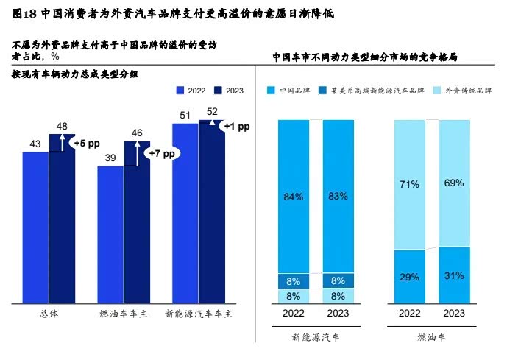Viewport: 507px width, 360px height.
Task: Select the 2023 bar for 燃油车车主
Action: click(x=137, y=222)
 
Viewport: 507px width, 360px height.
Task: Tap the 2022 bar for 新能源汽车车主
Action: click(x=185, y=213)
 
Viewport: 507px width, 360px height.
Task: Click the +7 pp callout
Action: click(x=162, y=154)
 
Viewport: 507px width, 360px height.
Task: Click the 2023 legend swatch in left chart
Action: click(x=217, y=90)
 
